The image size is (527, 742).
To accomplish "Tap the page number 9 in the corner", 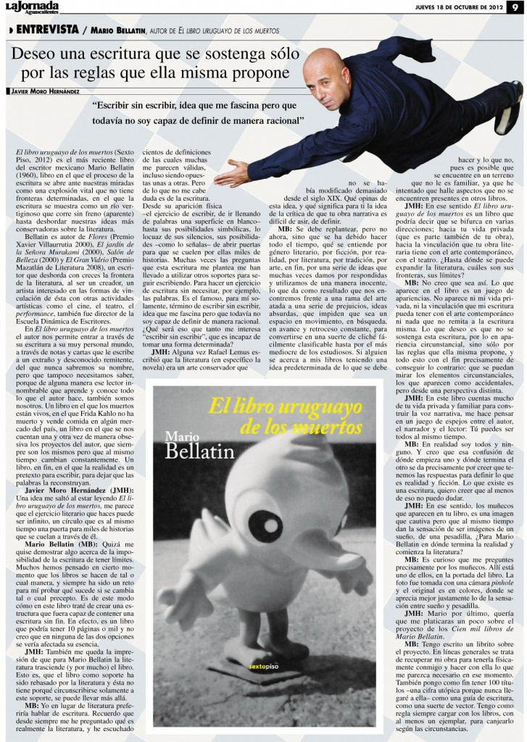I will (x=516, y=8).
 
